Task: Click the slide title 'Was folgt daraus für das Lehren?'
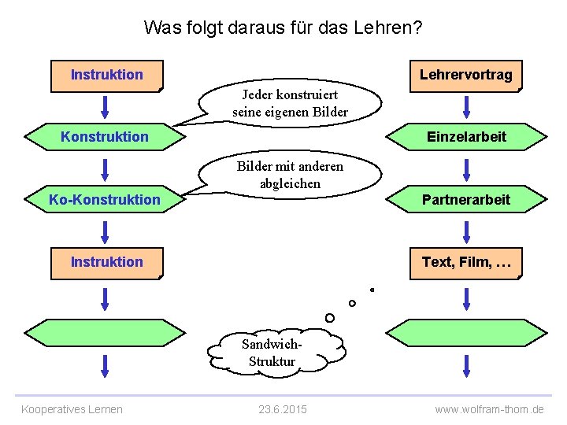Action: tap(283, 28)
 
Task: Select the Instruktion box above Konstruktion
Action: tap(106, 76)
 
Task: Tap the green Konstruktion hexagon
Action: tap(106, 137)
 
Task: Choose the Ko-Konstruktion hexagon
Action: tap(105, 200)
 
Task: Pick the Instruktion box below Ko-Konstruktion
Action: tap(106, 262)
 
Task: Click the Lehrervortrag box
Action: tap(465, 76)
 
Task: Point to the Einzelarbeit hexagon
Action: tap(466, 137)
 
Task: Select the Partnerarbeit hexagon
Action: tap(466, 200)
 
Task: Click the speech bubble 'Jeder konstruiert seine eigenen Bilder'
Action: tap(290, 104)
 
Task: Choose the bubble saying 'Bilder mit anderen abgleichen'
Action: tap(290, 175)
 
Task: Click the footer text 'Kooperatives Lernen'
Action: tap(72, 409)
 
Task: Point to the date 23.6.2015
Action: tap(283, 409)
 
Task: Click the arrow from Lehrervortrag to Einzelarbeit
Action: tap(467, 106)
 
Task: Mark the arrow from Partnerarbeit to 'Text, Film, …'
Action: tap(467, 231)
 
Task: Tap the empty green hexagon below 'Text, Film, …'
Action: tap(466, 332)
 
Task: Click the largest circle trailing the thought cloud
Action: tap(329, 317)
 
